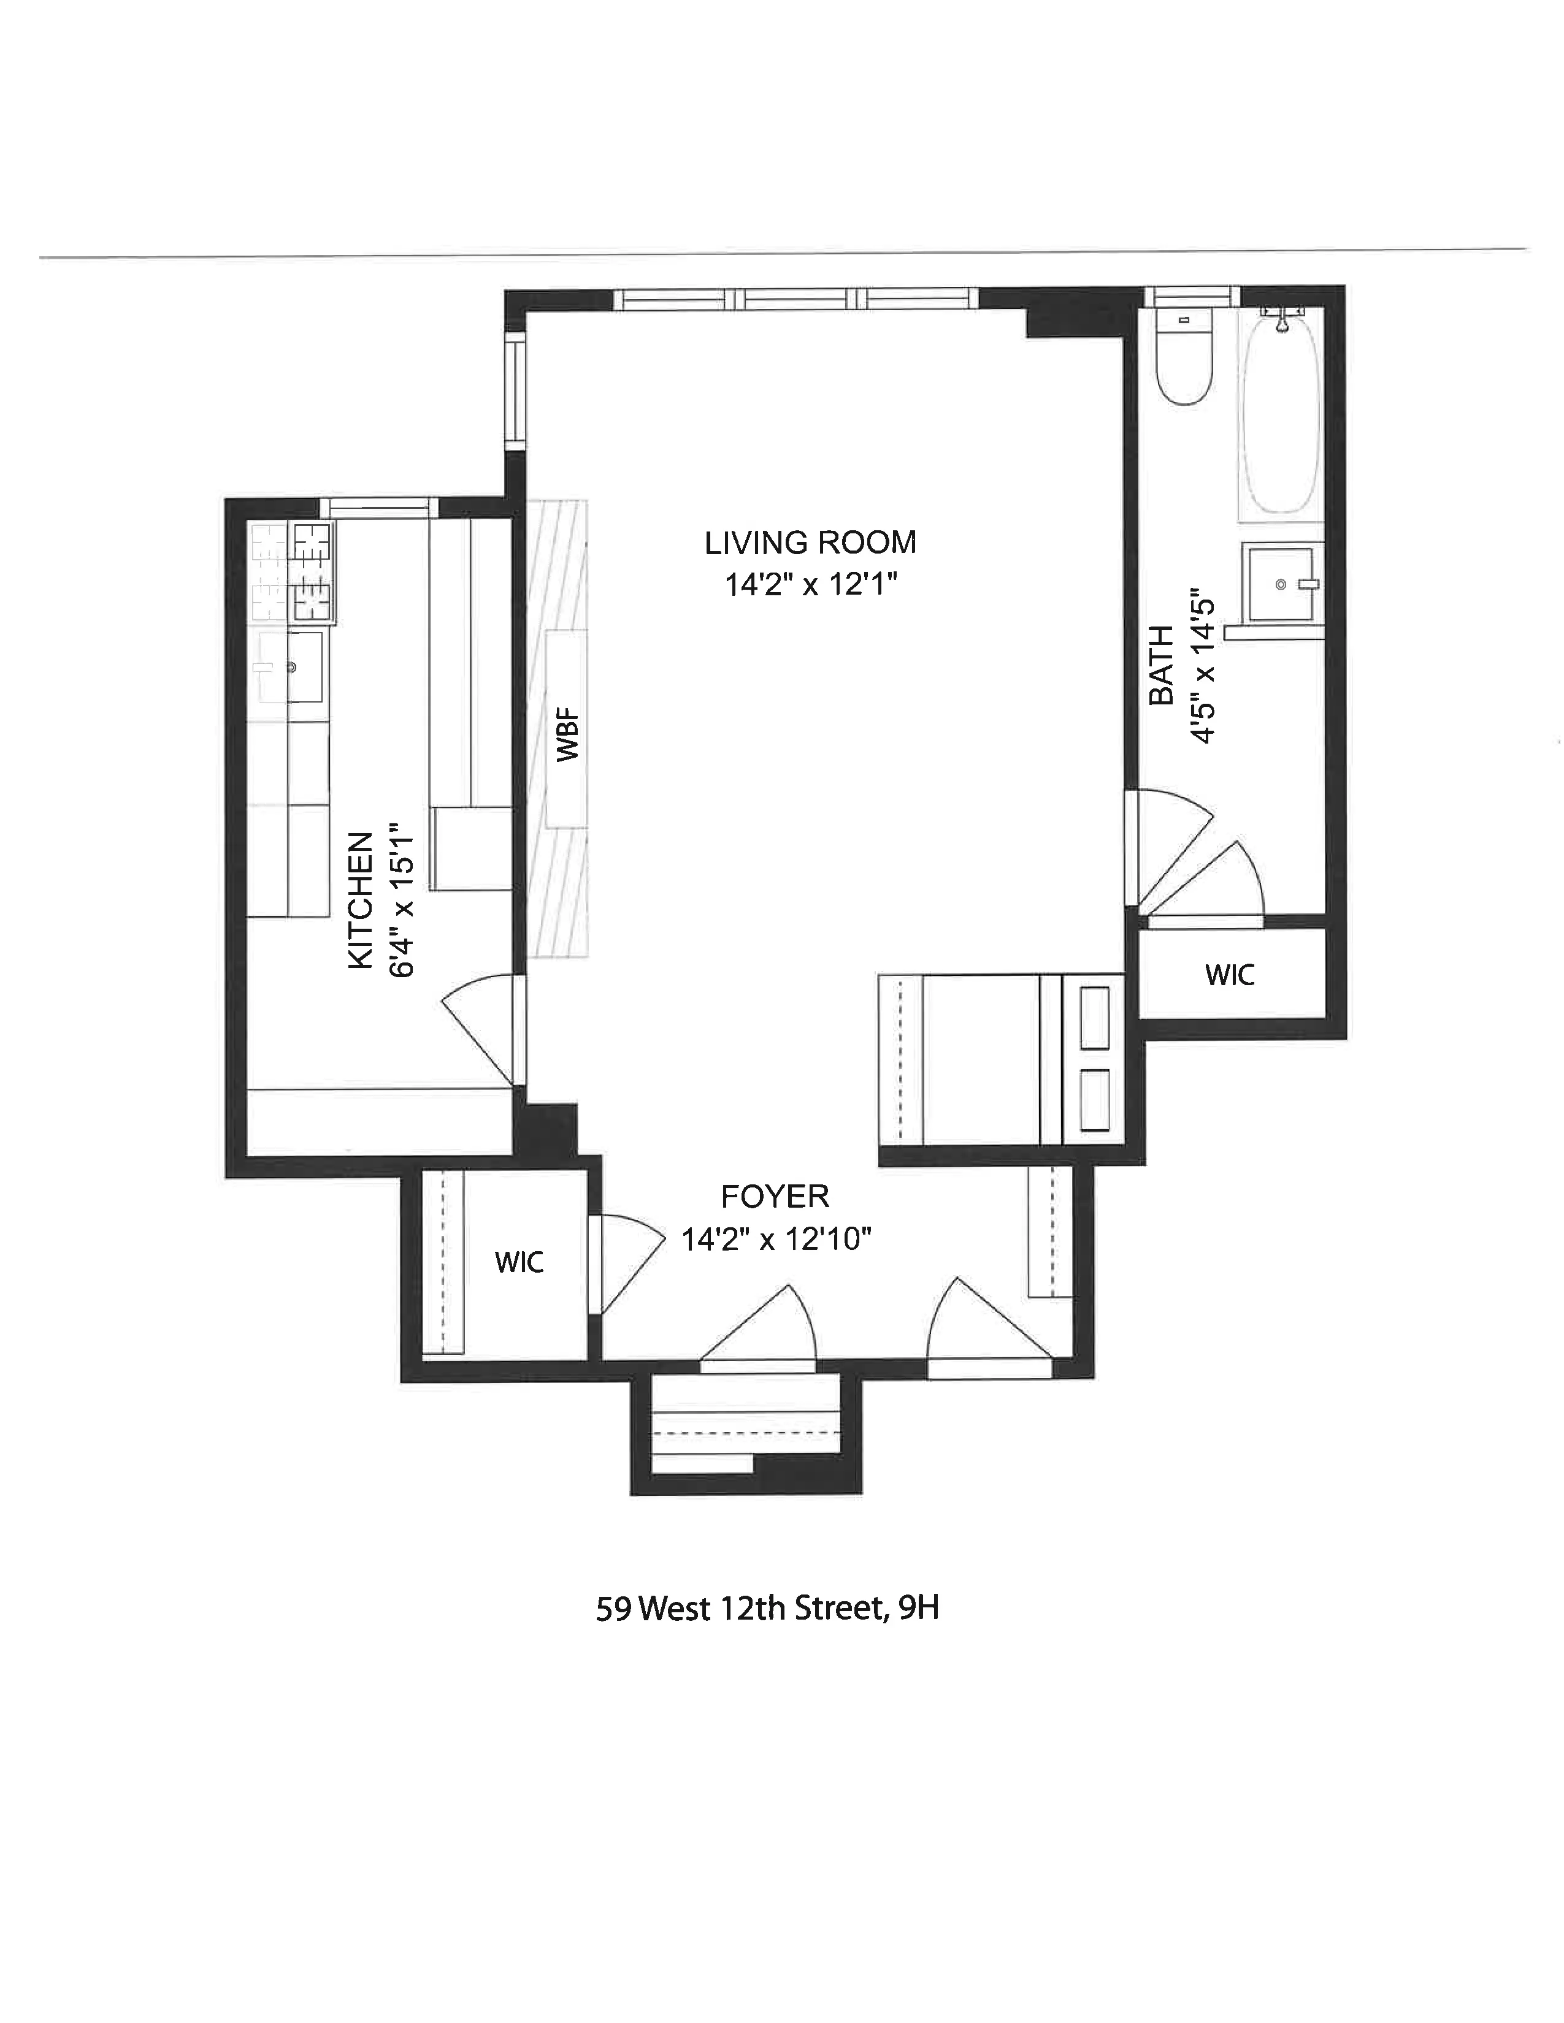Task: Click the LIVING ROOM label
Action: (x=810, y=543)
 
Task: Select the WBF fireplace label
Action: (x=567, y=734)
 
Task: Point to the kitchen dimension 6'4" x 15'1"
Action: (x=401, y=901)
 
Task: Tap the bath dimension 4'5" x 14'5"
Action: (x=1202, y=665)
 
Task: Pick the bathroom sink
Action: (x=1281, y=584)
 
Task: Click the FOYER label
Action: (x=775, y=1197)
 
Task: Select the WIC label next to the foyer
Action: (x=519, y=1262)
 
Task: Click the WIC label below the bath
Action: (x=1230, y=975)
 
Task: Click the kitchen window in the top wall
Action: (x=378, y=507)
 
